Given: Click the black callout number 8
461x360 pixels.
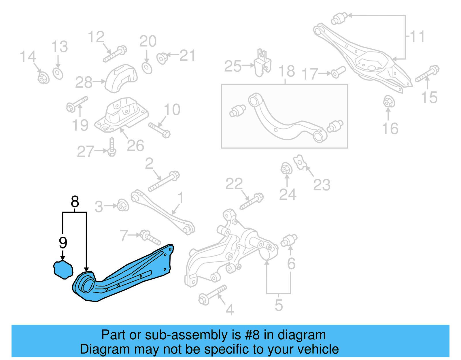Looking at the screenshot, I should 75,201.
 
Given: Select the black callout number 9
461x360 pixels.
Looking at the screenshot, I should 63,242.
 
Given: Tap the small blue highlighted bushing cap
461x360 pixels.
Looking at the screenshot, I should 63,270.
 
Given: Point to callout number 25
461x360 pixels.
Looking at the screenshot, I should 233,66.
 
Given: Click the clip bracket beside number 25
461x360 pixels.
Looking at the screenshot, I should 263,63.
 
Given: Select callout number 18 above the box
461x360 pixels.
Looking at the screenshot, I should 286,71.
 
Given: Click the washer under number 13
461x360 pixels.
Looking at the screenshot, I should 58,73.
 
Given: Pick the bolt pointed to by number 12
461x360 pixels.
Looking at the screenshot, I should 115,54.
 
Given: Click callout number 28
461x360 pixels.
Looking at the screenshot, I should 84,82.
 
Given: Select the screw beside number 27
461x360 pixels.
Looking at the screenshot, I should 112,147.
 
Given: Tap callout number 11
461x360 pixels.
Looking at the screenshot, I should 417,37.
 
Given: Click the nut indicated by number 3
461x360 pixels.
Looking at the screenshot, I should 123,205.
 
